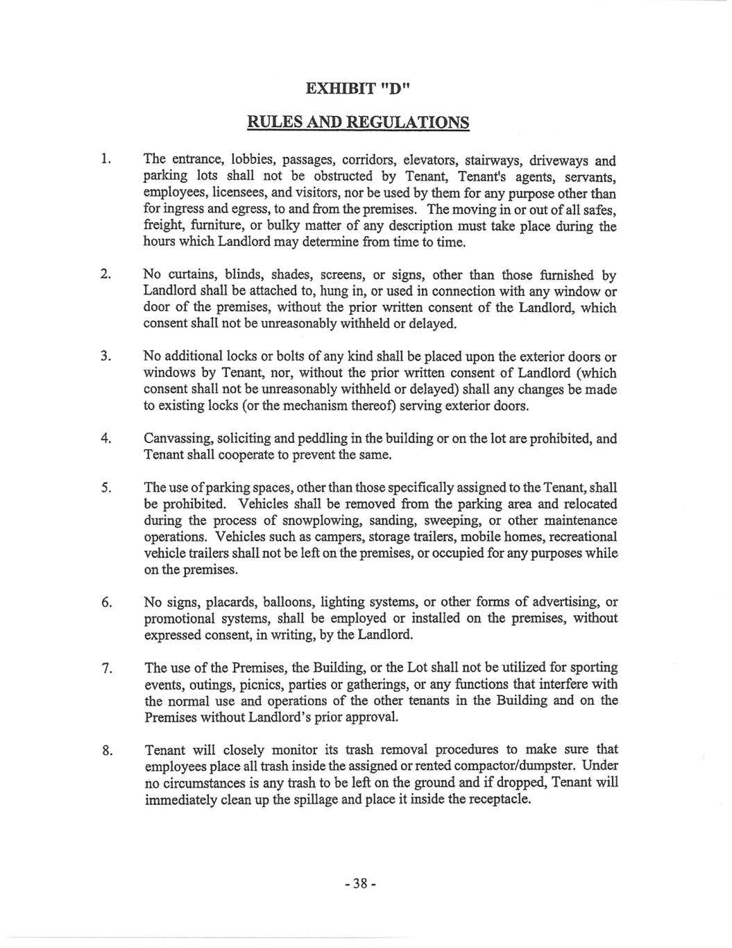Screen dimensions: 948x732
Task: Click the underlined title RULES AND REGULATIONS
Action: coord(358,122)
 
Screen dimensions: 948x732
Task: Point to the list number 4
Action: coord(106,439)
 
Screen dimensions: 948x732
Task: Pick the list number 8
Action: coord(107,750)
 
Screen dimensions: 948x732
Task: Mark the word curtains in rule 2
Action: coord(188,275)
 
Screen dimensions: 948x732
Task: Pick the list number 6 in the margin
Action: coord(106,603)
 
